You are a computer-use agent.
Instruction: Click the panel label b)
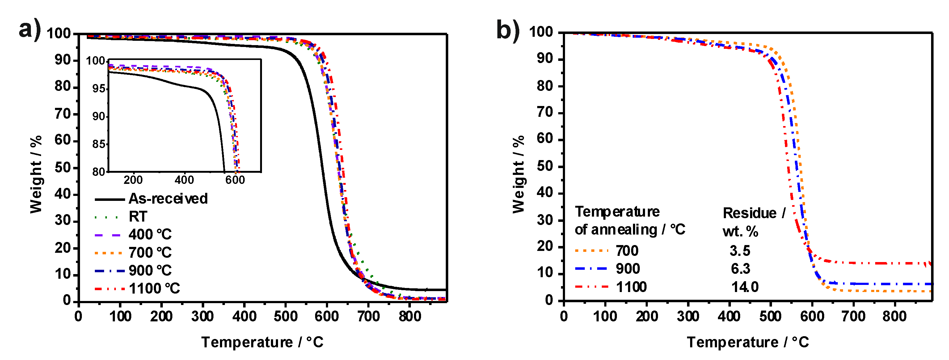508,29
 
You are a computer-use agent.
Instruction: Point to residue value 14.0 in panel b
744,287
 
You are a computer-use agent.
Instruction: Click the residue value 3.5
740,251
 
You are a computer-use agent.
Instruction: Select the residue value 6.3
740,269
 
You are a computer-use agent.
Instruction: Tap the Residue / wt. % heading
753,222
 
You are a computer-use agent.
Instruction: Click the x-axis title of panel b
748,342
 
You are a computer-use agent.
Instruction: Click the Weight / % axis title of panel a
36,174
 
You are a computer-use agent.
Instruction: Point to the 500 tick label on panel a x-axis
285,316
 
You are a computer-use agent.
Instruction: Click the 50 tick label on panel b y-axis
545,166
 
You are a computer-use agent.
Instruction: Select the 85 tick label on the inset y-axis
98,144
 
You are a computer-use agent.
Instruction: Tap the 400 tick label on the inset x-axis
184,180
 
